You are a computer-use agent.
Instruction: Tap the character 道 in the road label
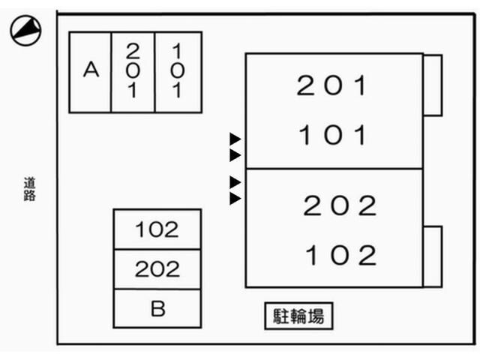[29, 182]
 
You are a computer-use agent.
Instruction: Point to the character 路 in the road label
[29, 196]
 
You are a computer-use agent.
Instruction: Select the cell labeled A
[91, 71]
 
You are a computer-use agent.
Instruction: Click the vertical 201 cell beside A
[133, 71]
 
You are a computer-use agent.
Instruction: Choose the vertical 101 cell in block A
[178, 71]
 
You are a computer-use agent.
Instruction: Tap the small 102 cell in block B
[157, 229]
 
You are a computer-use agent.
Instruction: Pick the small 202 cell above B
[157, 268]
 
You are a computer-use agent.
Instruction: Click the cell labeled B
[157, 308]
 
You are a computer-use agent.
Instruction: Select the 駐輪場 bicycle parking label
[298, 316]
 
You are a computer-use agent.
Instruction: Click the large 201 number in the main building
[333, 86]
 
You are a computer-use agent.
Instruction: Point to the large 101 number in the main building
[333, 136]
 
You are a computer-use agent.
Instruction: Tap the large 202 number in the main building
[339, 205]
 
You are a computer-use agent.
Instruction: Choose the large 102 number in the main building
[339, 256]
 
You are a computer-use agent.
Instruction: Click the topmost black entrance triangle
[235, 139]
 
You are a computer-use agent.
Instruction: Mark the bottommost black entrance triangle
[235, 199]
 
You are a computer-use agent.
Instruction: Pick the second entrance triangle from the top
[235, 155]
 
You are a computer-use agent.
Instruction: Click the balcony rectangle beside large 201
[432, 85]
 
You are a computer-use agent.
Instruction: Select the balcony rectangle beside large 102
[432, 256]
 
